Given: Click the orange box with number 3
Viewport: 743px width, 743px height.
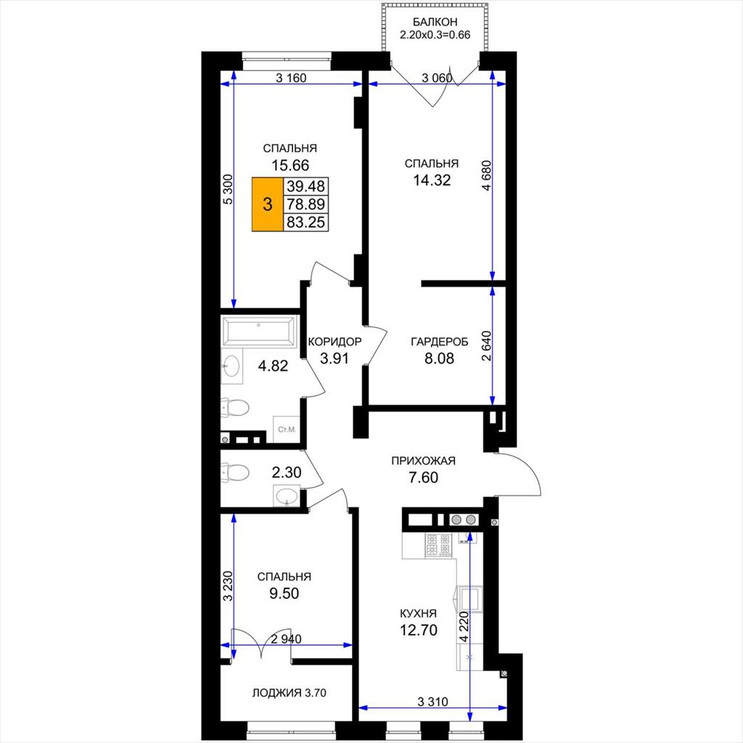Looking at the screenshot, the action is click(267, 204).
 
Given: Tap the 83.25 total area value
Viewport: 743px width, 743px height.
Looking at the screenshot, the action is click(305, 222).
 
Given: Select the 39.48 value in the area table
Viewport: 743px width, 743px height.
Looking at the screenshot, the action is click(305, 186).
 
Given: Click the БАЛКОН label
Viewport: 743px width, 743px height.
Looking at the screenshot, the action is click(435, 22).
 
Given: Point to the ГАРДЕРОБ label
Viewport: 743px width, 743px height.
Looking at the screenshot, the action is click(439, 342).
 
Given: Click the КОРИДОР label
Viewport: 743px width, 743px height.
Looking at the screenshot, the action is click(334, 342).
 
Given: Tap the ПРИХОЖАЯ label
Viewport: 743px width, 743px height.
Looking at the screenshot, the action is click(423, 461).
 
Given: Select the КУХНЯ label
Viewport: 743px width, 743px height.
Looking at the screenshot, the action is click(418, 614).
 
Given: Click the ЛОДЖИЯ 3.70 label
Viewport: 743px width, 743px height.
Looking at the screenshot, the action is click(289, 693).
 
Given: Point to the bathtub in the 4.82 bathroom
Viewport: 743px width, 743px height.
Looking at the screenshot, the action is click(259, 330).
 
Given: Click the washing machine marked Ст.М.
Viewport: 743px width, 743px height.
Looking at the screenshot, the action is click(287, 430).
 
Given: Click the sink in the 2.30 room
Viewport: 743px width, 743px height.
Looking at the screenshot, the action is click(286, 496).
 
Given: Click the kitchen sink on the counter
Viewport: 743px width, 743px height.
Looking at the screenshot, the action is click(469, 598).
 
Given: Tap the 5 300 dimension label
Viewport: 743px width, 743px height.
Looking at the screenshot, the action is click(229, 189).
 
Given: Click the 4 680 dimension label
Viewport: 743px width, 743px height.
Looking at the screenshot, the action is click(487, 176).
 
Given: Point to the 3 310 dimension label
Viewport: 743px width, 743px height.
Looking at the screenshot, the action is click(432, 702).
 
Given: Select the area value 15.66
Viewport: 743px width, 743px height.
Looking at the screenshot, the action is click(290, 165).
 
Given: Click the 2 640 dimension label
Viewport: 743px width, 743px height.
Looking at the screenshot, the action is click(487, 346).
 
